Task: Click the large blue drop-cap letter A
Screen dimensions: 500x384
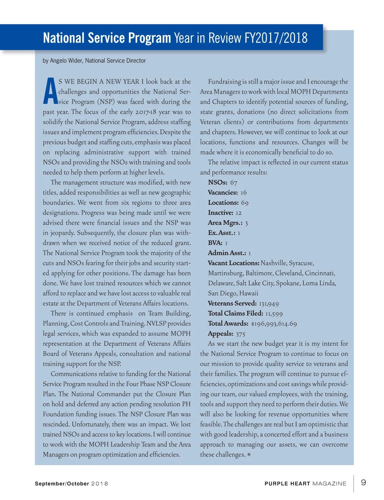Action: [50, 91]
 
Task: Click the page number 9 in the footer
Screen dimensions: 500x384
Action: [364, 482]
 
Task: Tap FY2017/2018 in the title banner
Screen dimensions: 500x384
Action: [276, 38]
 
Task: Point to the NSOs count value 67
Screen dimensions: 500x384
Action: [234, 183]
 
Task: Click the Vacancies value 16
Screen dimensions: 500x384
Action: [244, 192]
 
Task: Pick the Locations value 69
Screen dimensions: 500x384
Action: [244, 203]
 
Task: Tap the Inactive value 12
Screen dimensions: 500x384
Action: [238, 213]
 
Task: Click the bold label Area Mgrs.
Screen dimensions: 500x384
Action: [225, 223]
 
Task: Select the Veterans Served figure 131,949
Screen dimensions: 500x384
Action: [269, 303]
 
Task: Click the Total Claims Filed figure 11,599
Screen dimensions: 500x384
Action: [274, 314]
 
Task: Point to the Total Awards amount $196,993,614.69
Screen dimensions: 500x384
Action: [274, 324]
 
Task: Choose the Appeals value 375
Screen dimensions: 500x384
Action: [240, 334]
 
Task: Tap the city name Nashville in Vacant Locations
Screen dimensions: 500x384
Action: [274, 263]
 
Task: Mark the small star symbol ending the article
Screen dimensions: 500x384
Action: [249, 454]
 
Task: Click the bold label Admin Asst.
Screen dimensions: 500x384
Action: [227, 253]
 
